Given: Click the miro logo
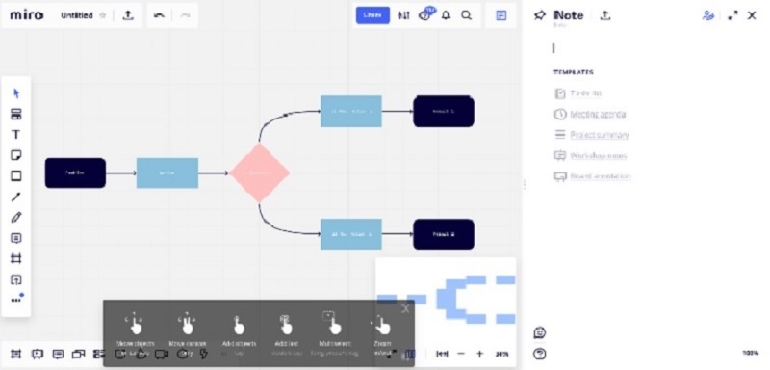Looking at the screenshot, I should [x=26, y=15].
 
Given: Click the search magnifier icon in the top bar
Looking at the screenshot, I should [x=467, y=15].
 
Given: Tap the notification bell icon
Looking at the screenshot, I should [x=447, y=15].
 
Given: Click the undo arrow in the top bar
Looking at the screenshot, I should [x=159, y=15].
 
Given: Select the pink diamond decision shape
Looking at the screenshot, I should [x=260, y=173].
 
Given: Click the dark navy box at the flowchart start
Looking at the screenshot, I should [x=75, y=172].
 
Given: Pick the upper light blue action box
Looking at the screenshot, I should [x=350, y=111].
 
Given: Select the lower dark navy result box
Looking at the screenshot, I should [x=443, y=234].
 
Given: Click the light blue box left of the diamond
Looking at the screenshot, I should [x=167, y=172].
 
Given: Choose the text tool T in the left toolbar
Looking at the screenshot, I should [x=15, y=135].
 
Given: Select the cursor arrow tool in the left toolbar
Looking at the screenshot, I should [x=15, y=93].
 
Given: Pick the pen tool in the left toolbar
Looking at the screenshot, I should [x=15, y=218].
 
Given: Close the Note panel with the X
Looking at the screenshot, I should [x=752, y=15].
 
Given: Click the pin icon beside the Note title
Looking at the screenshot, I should [x=540, y=15].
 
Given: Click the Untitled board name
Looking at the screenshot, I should [x=76, y=15].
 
